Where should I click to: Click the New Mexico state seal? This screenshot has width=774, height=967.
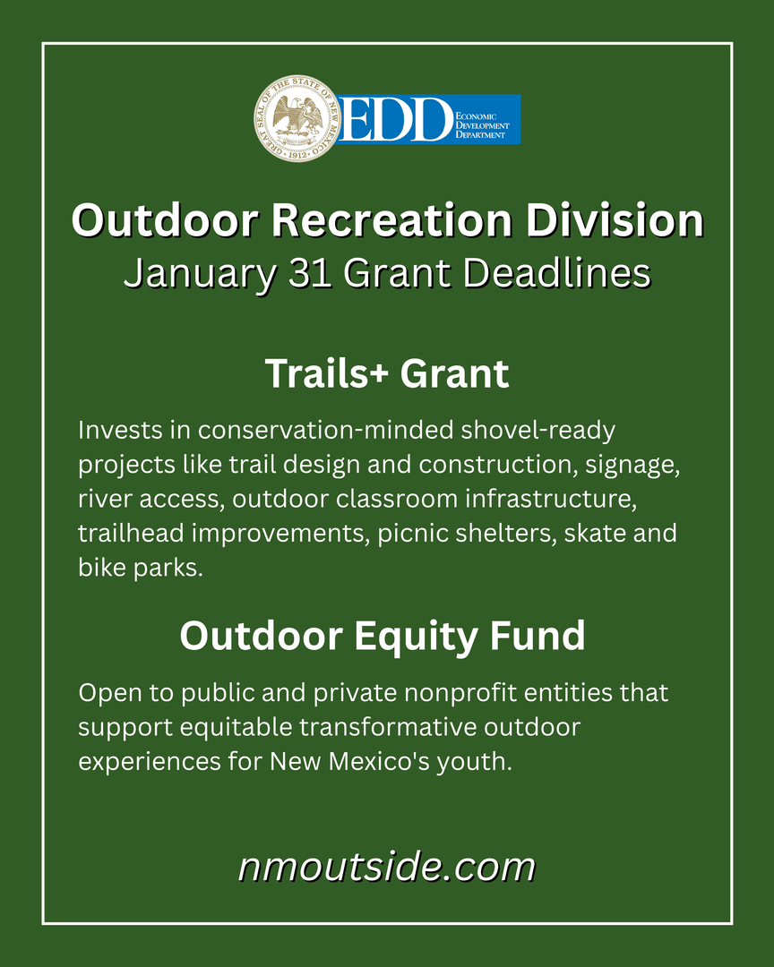297,119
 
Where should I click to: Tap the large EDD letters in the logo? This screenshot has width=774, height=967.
394,120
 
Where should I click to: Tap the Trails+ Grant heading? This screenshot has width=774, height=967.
387,373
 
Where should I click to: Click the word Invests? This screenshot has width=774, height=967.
118,430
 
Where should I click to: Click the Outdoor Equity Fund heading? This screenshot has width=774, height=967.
383,636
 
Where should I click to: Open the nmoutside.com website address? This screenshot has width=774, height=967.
387,867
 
